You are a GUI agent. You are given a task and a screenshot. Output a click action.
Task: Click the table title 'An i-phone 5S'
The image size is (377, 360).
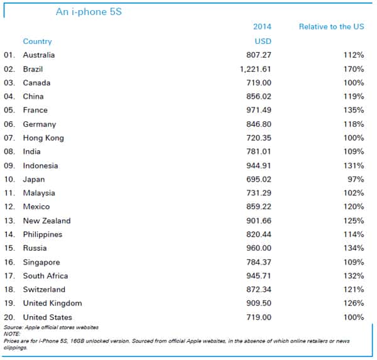[89, 12]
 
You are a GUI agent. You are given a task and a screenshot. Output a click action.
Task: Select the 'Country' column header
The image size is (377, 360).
[37, 41]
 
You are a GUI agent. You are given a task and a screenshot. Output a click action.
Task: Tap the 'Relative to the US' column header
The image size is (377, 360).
[331, 27]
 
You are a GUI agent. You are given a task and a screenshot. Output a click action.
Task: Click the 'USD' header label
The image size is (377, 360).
[262, 41]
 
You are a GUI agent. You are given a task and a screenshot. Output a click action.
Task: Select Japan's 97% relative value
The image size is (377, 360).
[356, 179]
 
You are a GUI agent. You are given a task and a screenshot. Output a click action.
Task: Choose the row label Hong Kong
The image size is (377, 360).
[43, 138]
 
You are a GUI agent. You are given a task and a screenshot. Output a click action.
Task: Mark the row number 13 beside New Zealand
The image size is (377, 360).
[9, 221]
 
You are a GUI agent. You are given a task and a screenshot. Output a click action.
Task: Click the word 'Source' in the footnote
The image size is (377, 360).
[13, 328]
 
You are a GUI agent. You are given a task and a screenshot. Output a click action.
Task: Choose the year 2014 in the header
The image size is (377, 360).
[262, 27]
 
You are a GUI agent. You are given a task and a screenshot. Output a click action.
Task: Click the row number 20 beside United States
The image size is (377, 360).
[9, 317]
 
